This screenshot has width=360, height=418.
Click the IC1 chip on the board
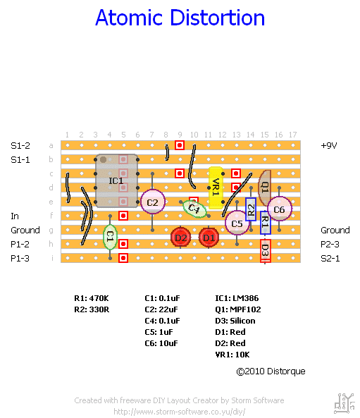[x=116, y=180]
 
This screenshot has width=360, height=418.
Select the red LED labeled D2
[x=180, y=238]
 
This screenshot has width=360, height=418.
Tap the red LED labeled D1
[x=209, y=238]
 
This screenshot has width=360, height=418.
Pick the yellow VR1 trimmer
[x=216, y=188]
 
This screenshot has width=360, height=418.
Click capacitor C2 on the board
[x=153, y=202]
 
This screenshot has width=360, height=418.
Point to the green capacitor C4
[x=194, y=209]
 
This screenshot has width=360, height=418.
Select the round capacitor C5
[x=237, y=223]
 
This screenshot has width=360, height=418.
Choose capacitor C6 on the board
[x=279, y=209]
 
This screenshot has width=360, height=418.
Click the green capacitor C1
[x=110, y=237]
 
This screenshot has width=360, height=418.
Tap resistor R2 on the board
[x=251, y=209]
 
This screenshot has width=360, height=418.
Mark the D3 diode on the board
[x=266, y=250]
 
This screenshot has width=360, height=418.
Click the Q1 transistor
[x=264, y=188]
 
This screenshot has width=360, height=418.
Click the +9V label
[x=329, y=145]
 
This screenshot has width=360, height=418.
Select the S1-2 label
[x=20, y=145]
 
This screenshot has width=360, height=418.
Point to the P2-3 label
[x=330, y=244]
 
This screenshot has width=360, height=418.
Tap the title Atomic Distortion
[x=180, y=18]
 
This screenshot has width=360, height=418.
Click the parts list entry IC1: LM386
[x=237, y=298]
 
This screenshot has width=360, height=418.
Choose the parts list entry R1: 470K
[x=92, y=298]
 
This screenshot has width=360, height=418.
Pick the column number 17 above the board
[x=292, y=135]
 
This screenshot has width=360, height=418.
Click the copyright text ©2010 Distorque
[x=271, y=371]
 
